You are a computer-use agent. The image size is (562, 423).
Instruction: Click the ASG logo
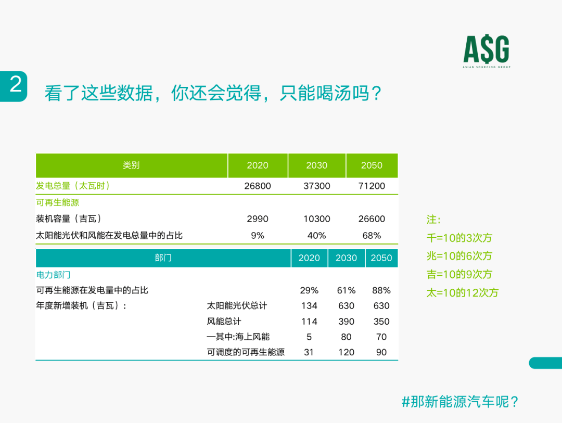tap(487, 52)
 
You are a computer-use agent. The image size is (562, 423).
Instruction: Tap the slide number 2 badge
tap(14, 86)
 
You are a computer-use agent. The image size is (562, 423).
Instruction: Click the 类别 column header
tap(131, 165)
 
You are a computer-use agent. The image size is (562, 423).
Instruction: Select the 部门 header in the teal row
tap(163, 258)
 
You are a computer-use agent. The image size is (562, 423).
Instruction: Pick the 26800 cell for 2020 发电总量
tap(258, 186)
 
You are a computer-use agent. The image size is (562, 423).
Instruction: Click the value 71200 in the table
tap(372, 186)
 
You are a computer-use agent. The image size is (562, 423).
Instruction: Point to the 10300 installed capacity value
tap(317, 219)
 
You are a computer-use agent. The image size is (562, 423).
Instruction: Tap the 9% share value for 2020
tap(258, 236)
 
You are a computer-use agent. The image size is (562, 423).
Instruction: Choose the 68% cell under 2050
tap(372, 236)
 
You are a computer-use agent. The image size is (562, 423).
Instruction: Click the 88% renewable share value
tap(381, 290)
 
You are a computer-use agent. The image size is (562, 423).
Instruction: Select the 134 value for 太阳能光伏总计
tap(309, 306)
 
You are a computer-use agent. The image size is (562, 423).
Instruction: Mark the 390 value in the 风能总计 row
tap(346, 322)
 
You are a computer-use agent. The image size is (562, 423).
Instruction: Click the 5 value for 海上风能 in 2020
tap(309, 337)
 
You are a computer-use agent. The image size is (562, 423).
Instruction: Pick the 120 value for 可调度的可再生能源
tap(346, 352)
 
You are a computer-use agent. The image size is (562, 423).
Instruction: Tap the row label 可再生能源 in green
tap(58, 202)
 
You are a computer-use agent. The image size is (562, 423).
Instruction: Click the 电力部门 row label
tap(54, 275)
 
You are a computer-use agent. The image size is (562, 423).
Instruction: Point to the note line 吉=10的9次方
tap(459, 274)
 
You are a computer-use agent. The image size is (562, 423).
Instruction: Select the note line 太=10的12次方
tap(463, 293)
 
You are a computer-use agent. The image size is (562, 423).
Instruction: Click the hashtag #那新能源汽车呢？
tap(460, 402)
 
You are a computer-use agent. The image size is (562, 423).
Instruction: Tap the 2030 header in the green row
tap(317, 165)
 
